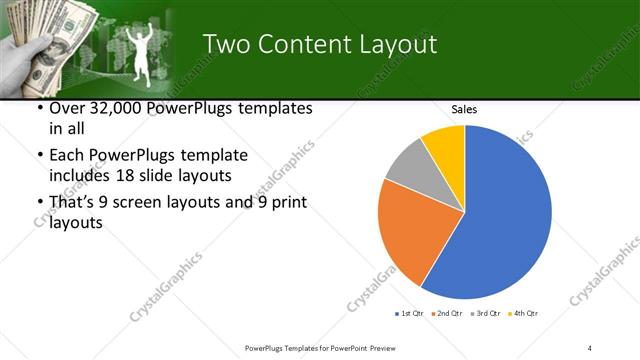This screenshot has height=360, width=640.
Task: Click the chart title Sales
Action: tap(463, 109)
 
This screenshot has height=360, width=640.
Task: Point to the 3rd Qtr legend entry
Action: tap(488, 314)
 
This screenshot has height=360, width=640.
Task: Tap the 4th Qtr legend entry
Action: tap(526, 314)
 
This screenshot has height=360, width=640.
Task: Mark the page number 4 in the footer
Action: tap(590, 347)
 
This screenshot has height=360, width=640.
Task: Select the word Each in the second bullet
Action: tap(67, 155)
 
